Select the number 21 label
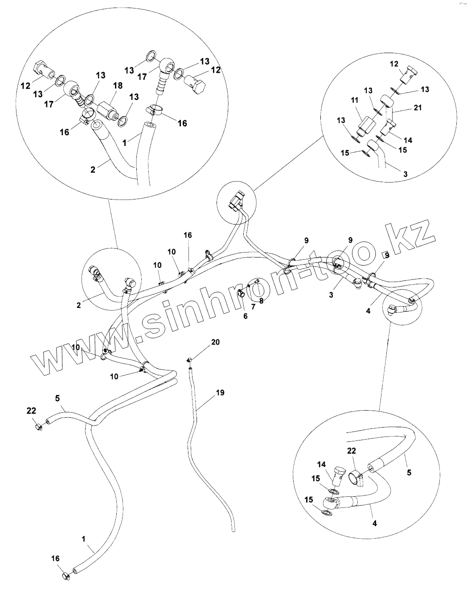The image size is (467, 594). coord(417,108)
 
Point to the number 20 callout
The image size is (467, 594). coord(215,342)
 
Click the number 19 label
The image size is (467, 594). coord(220,393)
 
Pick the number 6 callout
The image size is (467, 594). coord(245,316)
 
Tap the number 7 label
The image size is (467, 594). coord(253,307)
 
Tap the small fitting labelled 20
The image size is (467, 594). coord(189,360)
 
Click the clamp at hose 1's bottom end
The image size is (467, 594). coord(66,575)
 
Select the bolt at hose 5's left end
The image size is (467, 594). coord(39,427)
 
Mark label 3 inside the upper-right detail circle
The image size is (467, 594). coord(405,174)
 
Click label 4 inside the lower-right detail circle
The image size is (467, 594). coord(374,523)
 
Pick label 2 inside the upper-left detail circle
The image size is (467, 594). coord(93,170)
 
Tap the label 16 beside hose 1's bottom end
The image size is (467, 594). coord(55,558)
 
